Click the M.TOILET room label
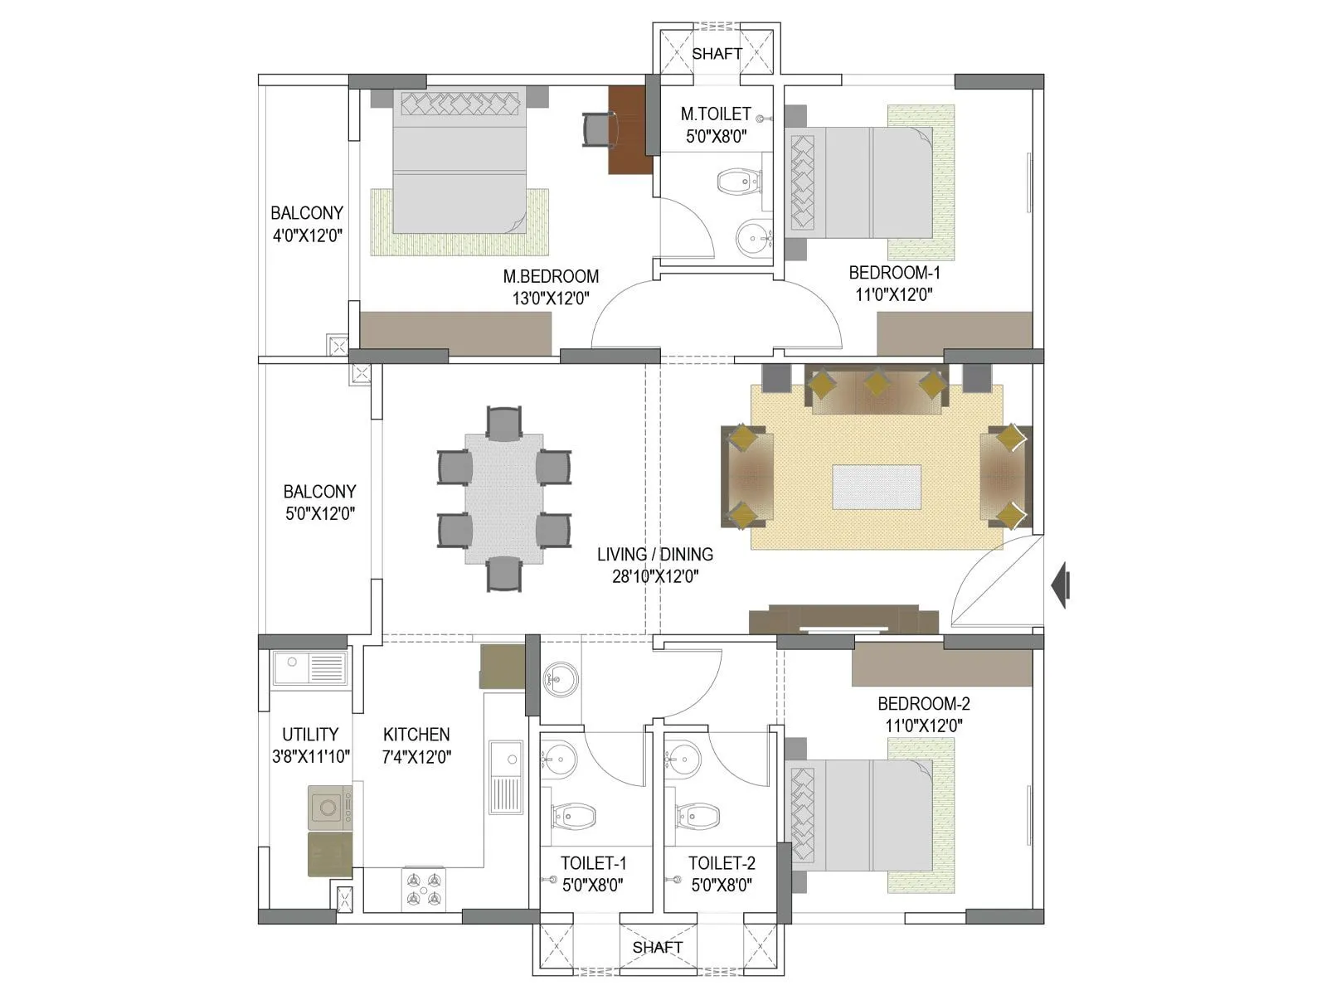[x=716, y=114]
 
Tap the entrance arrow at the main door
[x=1061, y=585]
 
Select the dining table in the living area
[x=504, y=498]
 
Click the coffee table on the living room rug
[x=877, y=487]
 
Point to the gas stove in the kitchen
[x=423, y=890]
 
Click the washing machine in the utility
[x=329, y=808]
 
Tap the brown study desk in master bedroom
[x=630, y=129]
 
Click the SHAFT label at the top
[x=717, y=54]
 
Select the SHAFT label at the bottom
[x=658, y=947]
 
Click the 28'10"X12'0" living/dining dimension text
[x=655, y=576]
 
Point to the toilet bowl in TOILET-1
[x=574, y=816]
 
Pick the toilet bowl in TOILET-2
[x=697, y=816]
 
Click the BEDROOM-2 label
[x=923, y=704]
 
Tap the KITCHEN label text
[x=416, y=735]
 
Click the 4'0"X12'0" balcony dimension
[x=307, y=235]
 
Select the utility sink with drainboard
[x=309, y=668]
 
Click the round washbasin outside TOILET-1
[x=561, y=680]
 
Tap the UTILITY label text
[x=310, y=735]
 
